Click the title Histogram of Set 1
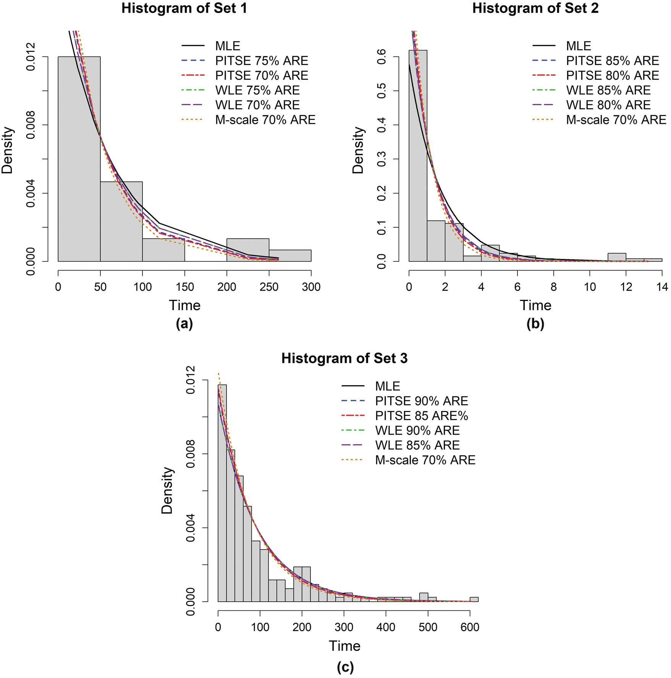coord(184,8)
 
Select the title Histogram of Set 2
coord(535,8)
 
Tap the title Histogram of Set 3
coord(344,358)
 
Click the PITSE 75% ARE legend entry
coord(261,61)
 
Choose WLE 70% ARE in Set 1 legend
coord(257,105)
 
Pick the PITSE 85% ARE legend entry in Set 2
coord(612,61)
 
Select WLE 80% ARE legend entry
coord(608,105)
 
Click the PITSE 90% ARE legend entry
coord(421,401)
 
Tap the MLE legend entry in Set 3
coord(387,386)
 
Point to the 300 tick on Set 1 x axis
coord(311,287)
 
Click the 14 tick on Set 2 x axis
coord(662,287)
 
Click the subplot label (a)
coord(184,324)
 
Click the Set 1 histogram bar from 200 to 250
coord(248,250)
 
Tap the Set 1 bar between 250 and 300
coord(290,256)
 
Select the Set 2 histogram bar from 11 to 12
coord(617,257)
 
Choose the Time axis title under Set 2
coord(535,305)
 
